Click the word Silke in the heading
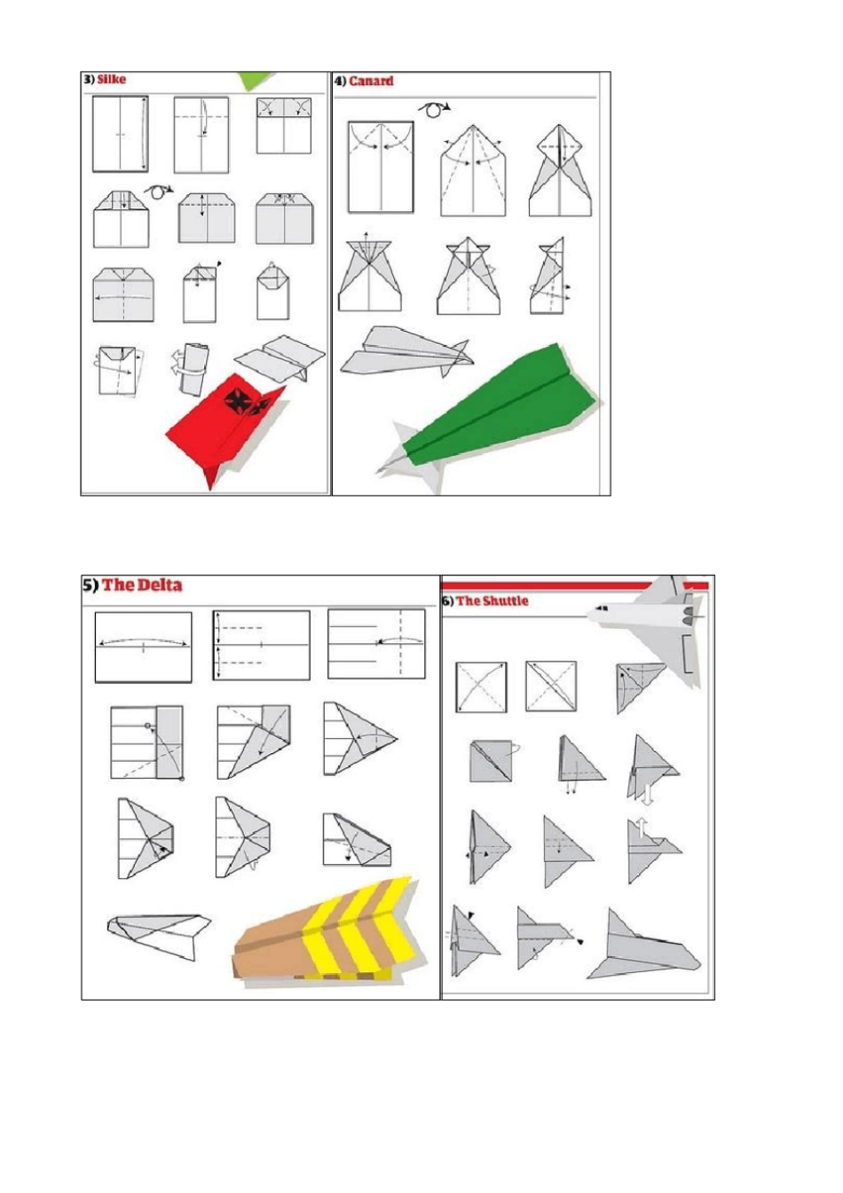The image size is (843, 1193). tap(112, 79)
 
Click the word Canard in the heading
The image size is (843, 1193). tap(372, 81)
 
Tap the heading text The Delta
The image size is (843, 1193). tap(142, 585)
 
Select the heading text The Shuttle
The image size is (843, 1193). tap(492, 600)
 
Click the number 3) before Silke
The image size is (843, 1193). tap(89, 79)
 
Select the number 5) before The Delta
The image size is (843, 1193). tap(90, 585)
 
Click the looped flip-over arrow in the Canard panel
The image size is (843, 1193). tap(434, 108)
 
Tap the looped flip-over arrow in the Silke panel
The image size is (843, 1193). tap(158, 192)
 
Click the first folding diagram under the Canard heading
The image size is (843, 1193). tap(381, 168)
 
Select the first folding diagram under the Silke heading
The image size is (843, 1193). tap(121, 134)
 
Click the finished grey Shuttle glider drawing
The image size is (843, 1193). tap(643, 945)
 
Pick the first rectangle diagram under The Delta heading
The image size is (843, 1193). tap(143, 648)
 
